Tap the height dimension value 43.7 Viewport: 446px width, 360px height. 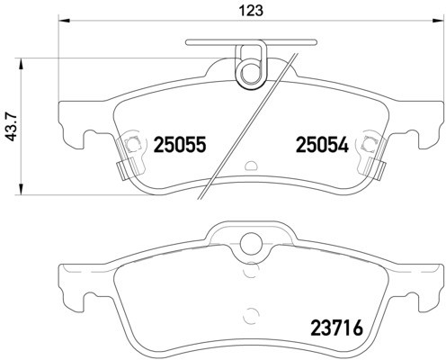pos(12,127)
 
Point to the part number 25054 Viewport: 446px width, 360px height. pos(320,143)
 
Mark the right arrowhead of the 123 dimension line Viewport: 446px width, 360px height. pos(438,22)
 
